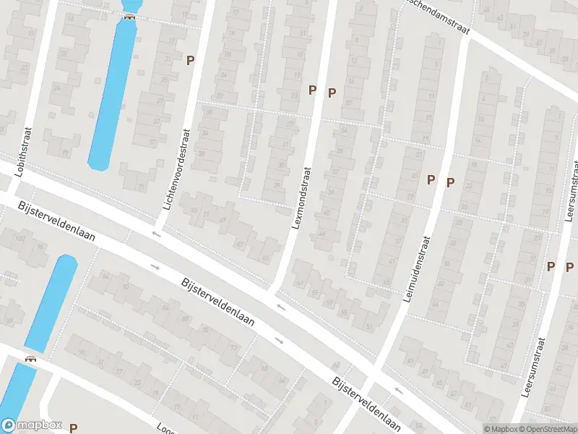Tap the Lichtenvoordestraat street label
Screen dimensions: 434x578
click(176, 170)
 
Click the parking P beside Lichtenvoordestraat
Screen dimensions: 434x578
click(191, 61)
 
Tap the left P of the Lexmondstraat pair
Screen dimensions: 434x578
click(313, 90)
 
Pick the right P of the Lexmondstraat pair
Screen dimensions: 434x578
click(332, 93)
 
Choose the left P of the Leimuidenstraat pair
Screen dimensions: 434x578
click(431, 180)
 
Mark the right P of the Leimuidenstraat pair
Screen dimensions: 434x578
click(450, 182)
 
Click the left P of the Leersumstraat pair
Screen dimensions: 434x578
click(551, 266)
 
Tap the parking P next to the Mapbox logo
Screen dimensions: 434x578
click(73, 428)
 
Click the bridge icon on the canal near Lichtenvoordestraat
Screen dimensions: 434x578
click(129, 17)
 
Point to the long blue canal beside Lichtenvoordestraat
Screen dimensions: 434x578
click(111, 94)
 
